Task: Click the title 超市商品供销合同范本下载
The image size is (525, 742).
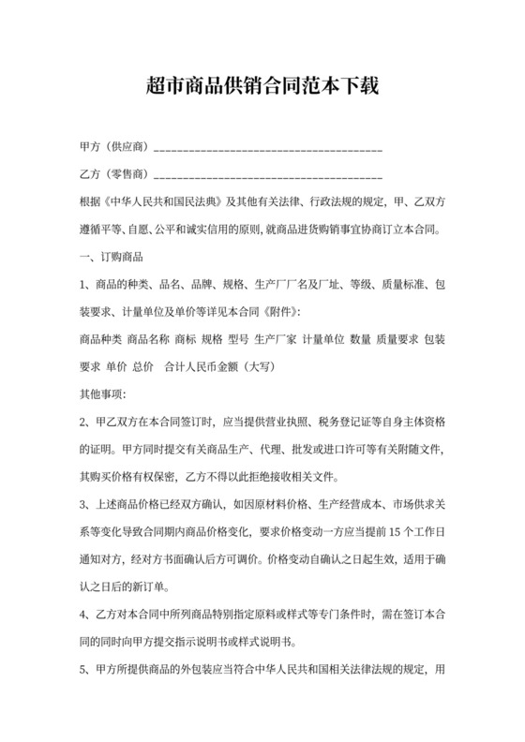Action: point(262,86)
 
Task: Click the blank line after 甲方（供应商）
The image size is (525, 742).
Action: point(267,149)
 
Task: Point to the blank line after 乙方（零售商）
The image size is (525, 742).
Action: point(267,176)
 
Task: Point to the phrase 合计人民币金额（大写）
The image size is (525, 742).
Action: point(217,364)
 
